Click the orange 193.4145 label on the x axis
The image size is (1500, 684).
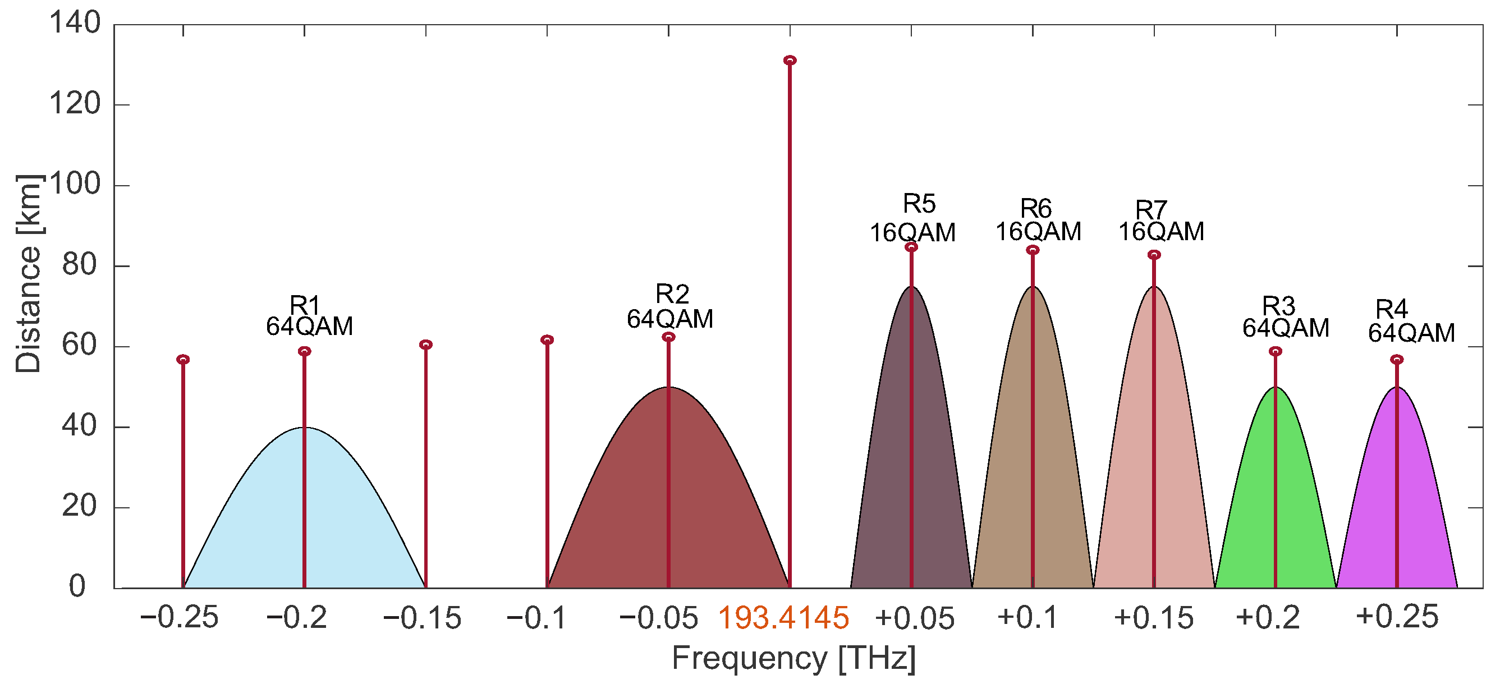783,618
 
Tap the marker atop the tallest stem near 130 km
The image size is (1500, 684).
790,61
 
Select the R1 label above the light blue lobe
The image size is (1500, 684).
305,305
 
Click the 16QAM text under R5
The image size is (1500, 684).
912,233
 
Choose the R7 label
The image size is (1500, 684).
1151,209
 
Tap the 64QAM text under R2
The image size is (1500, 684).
669,319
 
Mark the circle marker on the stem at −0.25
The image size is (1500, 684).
183,360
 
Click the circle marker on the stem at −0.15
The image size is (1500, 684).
426,345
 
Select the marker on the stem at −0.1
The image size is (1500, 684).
547,340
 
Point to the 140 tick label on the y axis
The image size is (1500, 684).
75,24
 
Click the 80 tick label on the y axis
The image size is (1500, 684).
80,265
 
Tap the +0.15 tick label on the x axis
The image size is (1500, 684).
1154,618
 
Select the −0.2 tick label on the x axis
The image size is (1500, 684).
296,618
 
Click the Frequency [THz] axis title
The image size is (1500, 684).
793,659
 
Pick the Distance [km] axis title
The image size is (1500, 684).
28,274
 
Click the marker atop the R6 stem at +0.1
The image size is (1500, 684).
1033,250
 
